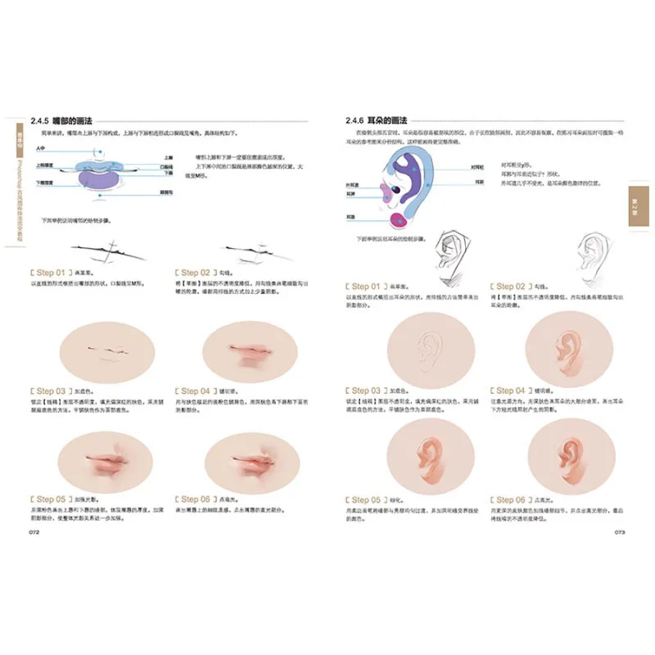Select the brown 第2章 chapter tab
coord(638,201)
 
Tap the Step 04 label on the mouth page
coord(196,391)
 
